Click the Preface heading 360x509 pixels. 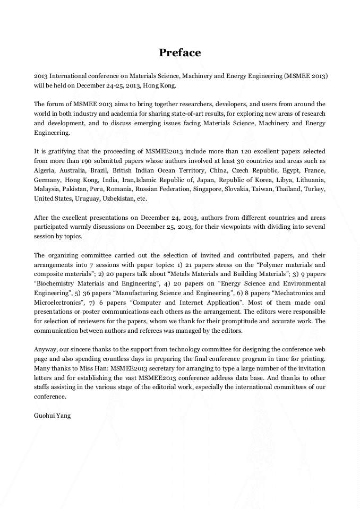180,53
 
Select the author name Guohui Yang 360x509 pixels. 52,416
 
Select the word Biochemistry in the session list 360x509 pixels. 54,283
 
